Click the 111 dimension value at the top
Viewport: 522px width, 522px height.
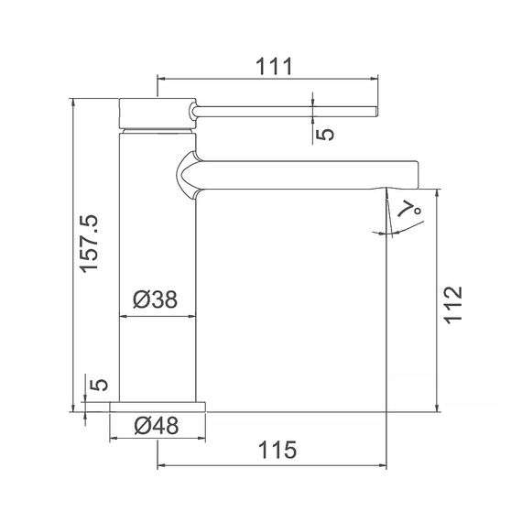(272, 66)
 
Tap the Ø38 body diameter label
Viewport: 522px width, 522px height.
(155, 299)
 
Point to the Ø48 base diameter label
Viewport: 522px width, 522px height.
(156, 425)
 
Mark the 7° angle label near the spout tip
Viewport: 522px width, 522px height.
(414, 209)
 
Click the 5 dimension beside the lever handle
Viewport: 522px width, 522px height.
(325, 133)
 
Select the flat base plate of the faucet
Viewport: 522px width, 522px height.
(159, 406)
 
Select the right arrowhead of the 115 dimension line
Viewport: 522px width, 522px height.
(383, 466)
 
